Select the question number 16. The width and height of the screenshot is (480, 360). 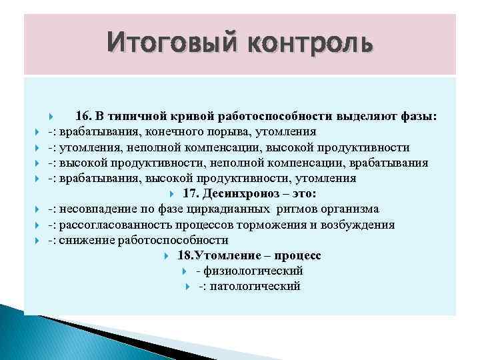[x=83, y=116]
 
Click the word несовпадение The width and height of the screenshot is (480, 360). [x=95, y=209]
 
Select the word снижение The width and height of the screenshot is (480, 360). [x=85, y=240]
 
